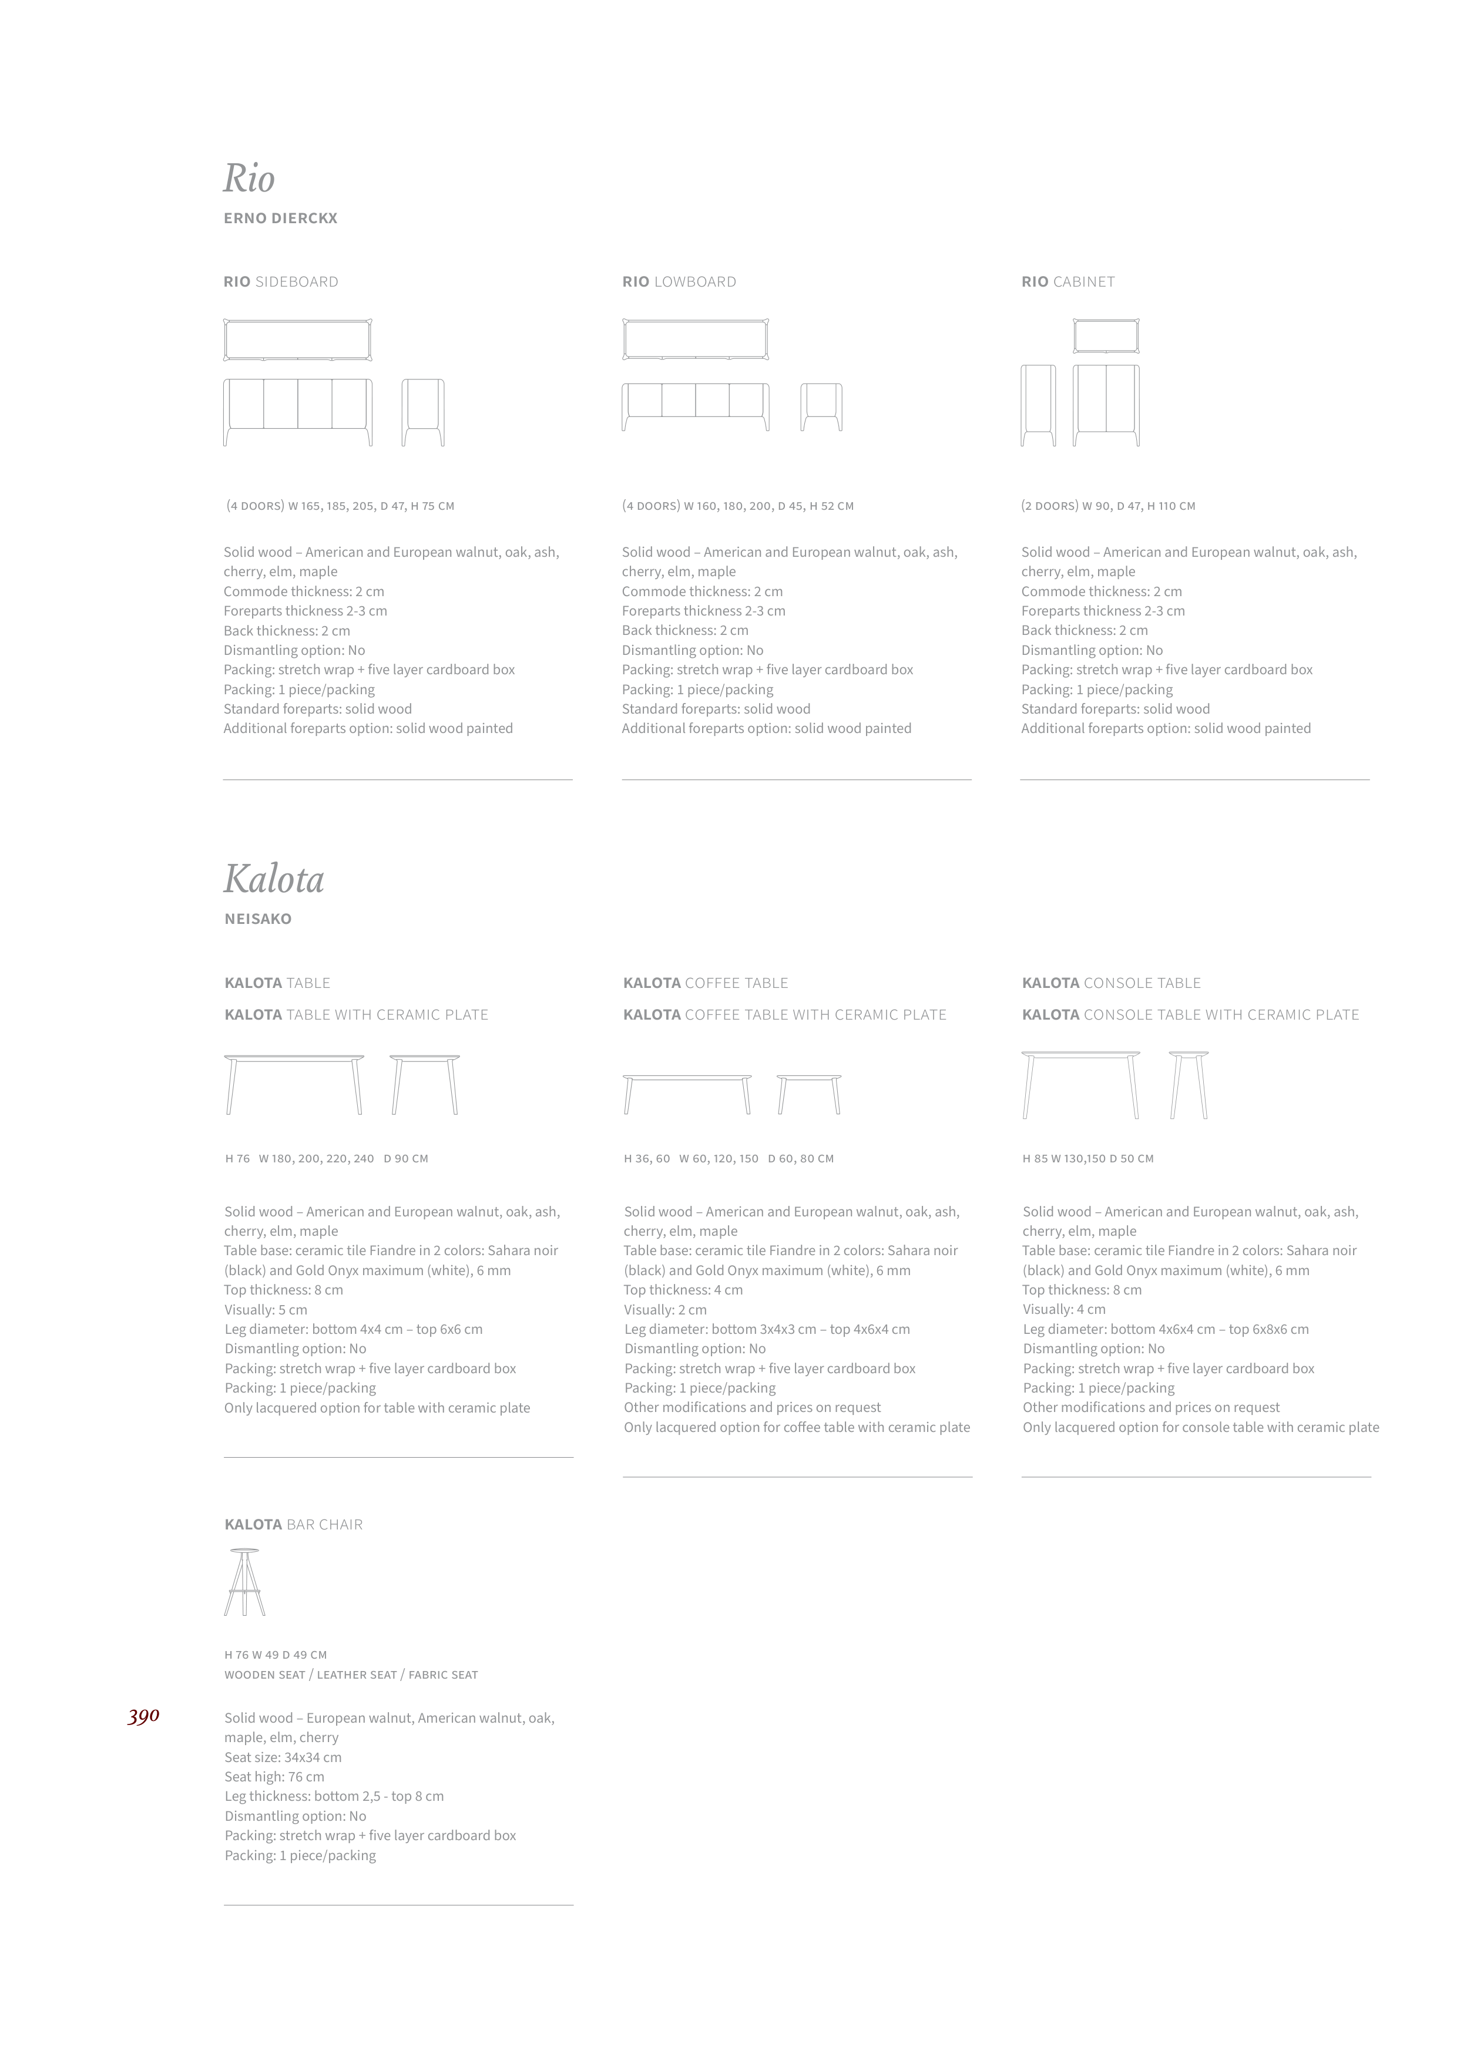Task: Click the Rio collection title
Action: point(249,179)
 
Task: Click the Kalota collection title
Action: point(274,879)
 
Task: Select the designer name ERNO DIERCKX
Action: point(280,218)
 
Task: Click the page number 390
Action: point(143,1716)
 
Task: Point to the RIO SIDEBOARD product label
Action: point(281,282)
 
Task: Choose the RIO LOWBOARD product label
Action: point(679,282)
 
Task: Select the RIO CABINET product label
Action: point(1067,282)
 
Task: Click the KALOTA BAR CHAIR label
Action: point(294,1525)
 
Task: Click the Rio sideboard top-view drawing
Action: point(298,339)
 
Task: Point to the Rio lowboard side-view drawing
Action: point(821,408)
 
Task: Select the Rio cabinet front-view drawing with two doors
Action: point(1106,405)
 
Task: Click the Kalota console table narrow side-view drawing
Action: point(1188,1085)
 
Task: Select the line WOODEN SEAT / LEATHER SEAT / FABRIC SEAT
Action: point(351,1675)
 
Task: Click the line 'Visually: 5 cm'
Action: point(266,1310)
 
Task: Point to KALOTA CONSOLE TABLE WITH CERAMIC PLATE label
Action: point(1190,1015)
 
